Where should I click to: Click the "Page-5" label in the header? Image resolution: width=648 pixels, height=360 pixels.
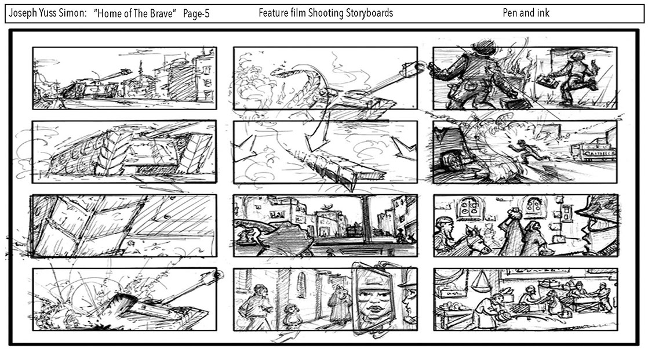[196, 14]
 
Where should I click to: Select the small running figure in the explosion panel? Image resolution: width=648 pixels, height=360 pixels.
[525, 150]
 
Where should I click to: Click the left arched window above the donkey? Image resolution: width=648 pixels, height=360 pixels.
[469, 207]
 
